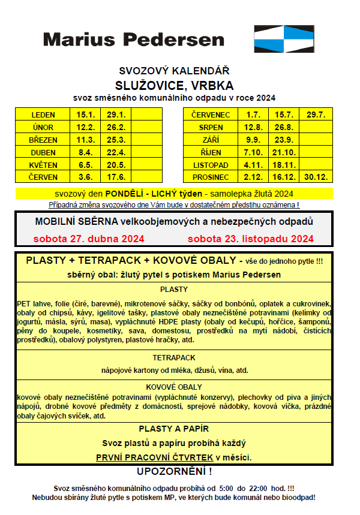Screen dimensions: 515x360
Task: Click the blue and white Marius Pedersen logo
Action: [284, 39]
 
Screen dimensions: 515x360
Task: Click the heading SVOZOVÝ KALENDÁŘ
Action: [174, 71]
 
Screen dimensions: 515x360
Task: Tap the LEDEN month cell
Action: [43, 115]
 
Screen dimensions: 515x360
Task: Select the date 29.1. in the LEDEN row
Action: [116, 115]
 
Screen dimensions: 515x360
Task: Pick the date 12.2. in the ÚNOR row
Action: [86, 127]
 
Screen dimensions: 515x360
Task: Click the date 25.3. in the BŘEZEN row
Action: [116, 140]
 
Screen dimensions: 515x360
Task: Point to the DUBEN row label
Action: [43, 152]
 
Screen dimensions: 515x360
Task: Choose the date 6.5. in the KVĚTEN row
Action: [86, 165]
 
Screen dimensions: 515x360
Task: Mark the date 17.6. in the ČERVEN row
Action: [116, 177]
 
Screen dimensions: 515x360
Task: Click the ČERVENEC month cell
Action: [211, 115]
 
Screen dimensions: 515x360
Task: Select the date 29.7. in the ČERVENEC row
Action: [315, 115]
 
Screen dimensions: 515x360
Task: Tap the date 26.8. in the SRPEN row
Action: [283, 127]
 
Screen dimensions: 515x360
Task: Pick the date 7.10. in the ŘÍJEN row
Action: [253, 152]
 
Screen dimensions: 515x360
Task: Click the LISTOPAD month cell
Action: [211, 165]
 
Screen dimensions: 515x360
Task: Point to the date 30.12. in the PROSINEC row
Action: [315, 177]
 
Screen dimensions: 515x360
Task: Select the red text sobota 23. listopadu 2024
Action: [250, 239]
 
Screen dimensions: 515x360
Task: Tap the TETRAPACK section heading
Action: [174, 357]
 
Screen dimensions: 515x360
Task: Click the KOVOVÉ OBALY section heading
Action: [174, 387]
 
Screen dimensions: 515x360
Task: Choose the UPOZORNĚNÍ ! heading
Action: [174, 471]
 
